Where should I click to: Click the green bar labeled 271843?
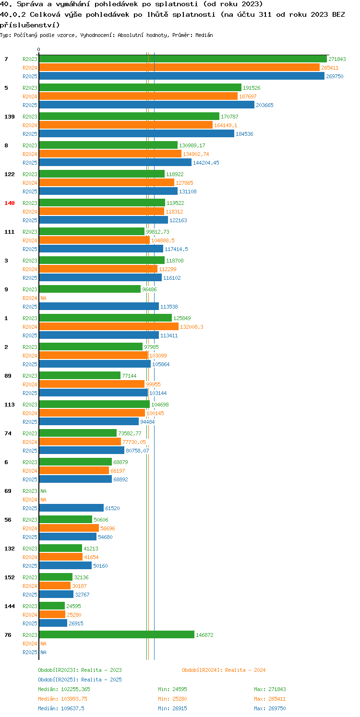coord(183,59)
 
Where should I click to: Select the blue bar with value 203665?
coord(147,105)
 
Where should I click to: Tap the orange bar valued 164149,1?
coord(126,125)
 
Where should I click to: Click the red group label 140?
coord(10,203)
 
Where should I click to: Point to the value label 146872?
coord(204,635)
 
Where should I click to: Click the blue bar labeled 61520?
coord(72,508)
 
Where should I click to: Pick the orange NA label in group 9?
coord(43,298)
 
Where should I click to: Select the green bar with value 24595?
coord(52,606)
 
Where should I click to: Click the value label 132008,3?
coord(192,327)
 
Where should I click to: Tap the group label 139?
coord(10,117)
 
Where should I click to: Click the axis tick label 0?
coord(39,49)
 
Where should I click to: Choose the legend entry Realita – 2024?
coord(224,670)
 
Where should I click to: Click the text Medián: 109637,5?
coord(61,709)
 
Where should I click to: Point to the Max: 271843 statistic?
coord(270,690)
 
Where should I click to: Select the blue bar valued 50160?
coord(65,566)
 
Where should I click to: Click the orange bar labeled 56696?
coord(69,528)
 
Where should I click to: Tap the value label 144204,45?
coord(206,163)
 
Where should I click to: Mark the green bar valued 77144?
coord(80,376)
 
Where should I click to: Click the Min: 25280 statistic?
coord(173,699)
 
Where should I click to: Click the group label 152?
coord(10,577)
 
